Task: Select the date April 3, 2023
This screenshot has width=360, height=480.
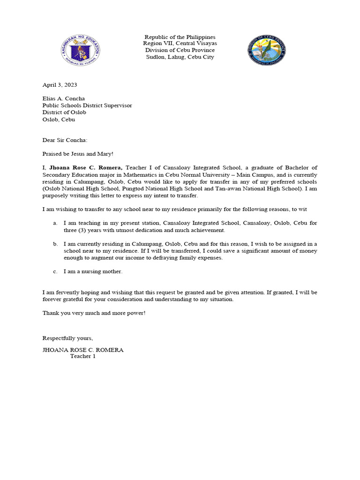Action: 60,85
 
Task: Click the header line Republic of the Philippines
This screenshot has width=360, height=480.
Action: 180,37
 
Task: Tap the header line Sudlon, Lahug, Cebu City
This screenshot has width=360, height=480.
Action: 180,57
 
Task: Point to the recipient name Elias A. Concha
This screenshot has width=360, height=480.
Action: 64,99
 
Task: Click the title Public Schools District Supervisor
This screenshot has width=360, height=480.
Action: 87,105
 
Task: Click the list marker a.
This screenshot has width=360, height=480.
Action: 55,224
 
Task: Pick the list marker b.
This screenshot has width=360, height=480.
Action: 55,244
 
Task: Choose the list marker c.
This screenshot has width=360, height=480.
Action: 55,271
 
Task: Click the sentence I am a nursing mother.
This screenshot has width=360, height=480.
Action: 93,271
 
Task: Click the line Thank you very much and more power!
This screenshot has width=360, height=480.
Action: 94,313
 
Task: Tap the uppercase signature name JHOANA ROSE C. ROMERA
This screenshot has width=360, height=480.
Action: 83,350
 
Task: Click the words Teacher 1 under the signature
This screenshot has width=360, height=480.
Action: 82,356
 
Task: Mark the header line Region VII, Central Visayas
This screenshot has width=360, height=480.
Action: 180,44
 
